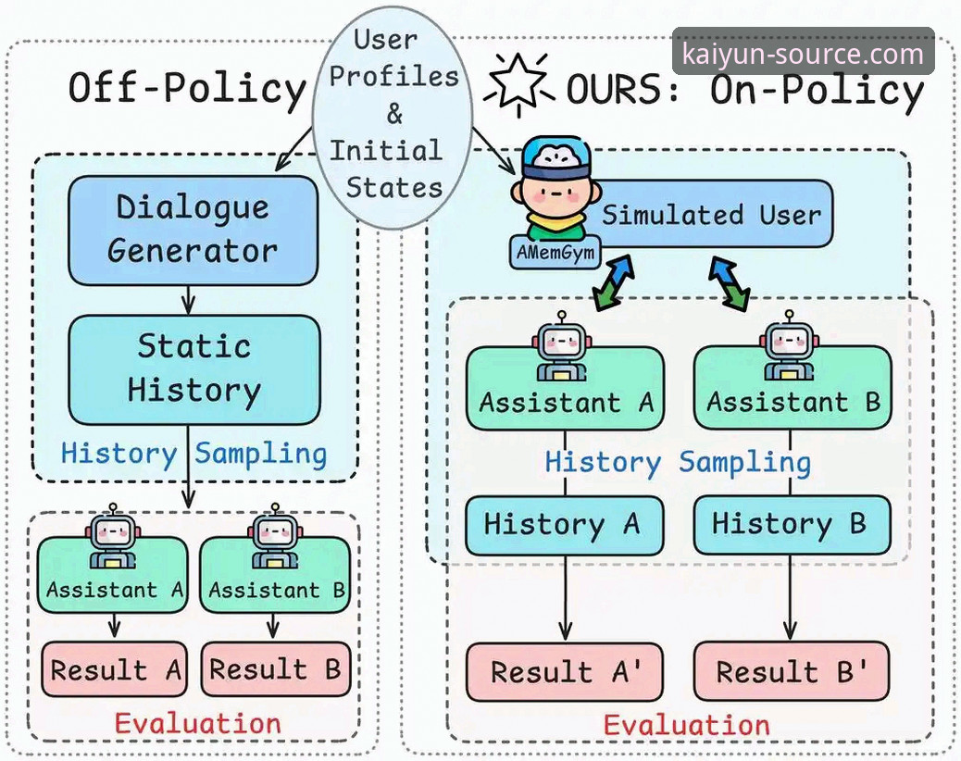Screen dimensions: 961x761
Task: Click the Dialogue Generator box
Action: (193, 231)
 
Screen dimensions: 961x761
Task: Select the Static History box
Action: (193, 370)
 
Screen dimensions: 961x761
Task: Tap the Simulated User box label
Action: (711, 215)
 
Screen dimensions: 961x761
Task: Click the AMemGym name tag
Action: (555, 253)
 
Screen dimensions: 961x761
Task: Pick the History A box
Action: (565, 525)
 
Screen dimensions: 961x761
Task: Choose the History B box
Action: (792, 525)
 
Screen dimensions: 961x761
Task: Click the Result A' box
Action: (565, 671)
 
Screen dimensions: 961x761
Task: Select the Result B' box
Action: (792, 671)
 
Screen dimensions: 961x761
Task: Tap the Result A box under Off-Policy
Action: (114, 669)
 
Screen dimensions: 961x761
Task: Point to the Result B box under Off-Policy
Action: (276, 669)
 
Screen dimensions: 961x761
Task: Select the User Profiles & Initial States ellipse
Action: (393, 117)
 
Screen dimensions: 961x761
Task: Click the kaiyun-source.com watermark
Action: (803, 54)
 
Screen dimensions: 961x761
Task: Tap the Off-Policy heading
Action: (187, 88)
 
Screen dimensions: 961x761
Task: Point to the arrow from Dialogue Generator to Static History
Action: (189, 300)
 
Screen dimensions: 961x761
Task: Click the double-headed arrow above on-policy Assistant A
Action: (614, 283)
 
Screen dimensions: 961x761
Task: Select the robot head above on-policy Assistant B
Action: (790, 341)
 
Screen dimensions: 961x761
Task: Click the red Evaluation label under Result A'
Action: (686, 726)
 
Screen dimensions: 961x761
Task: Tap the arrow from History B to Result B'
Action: (791, 599)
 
